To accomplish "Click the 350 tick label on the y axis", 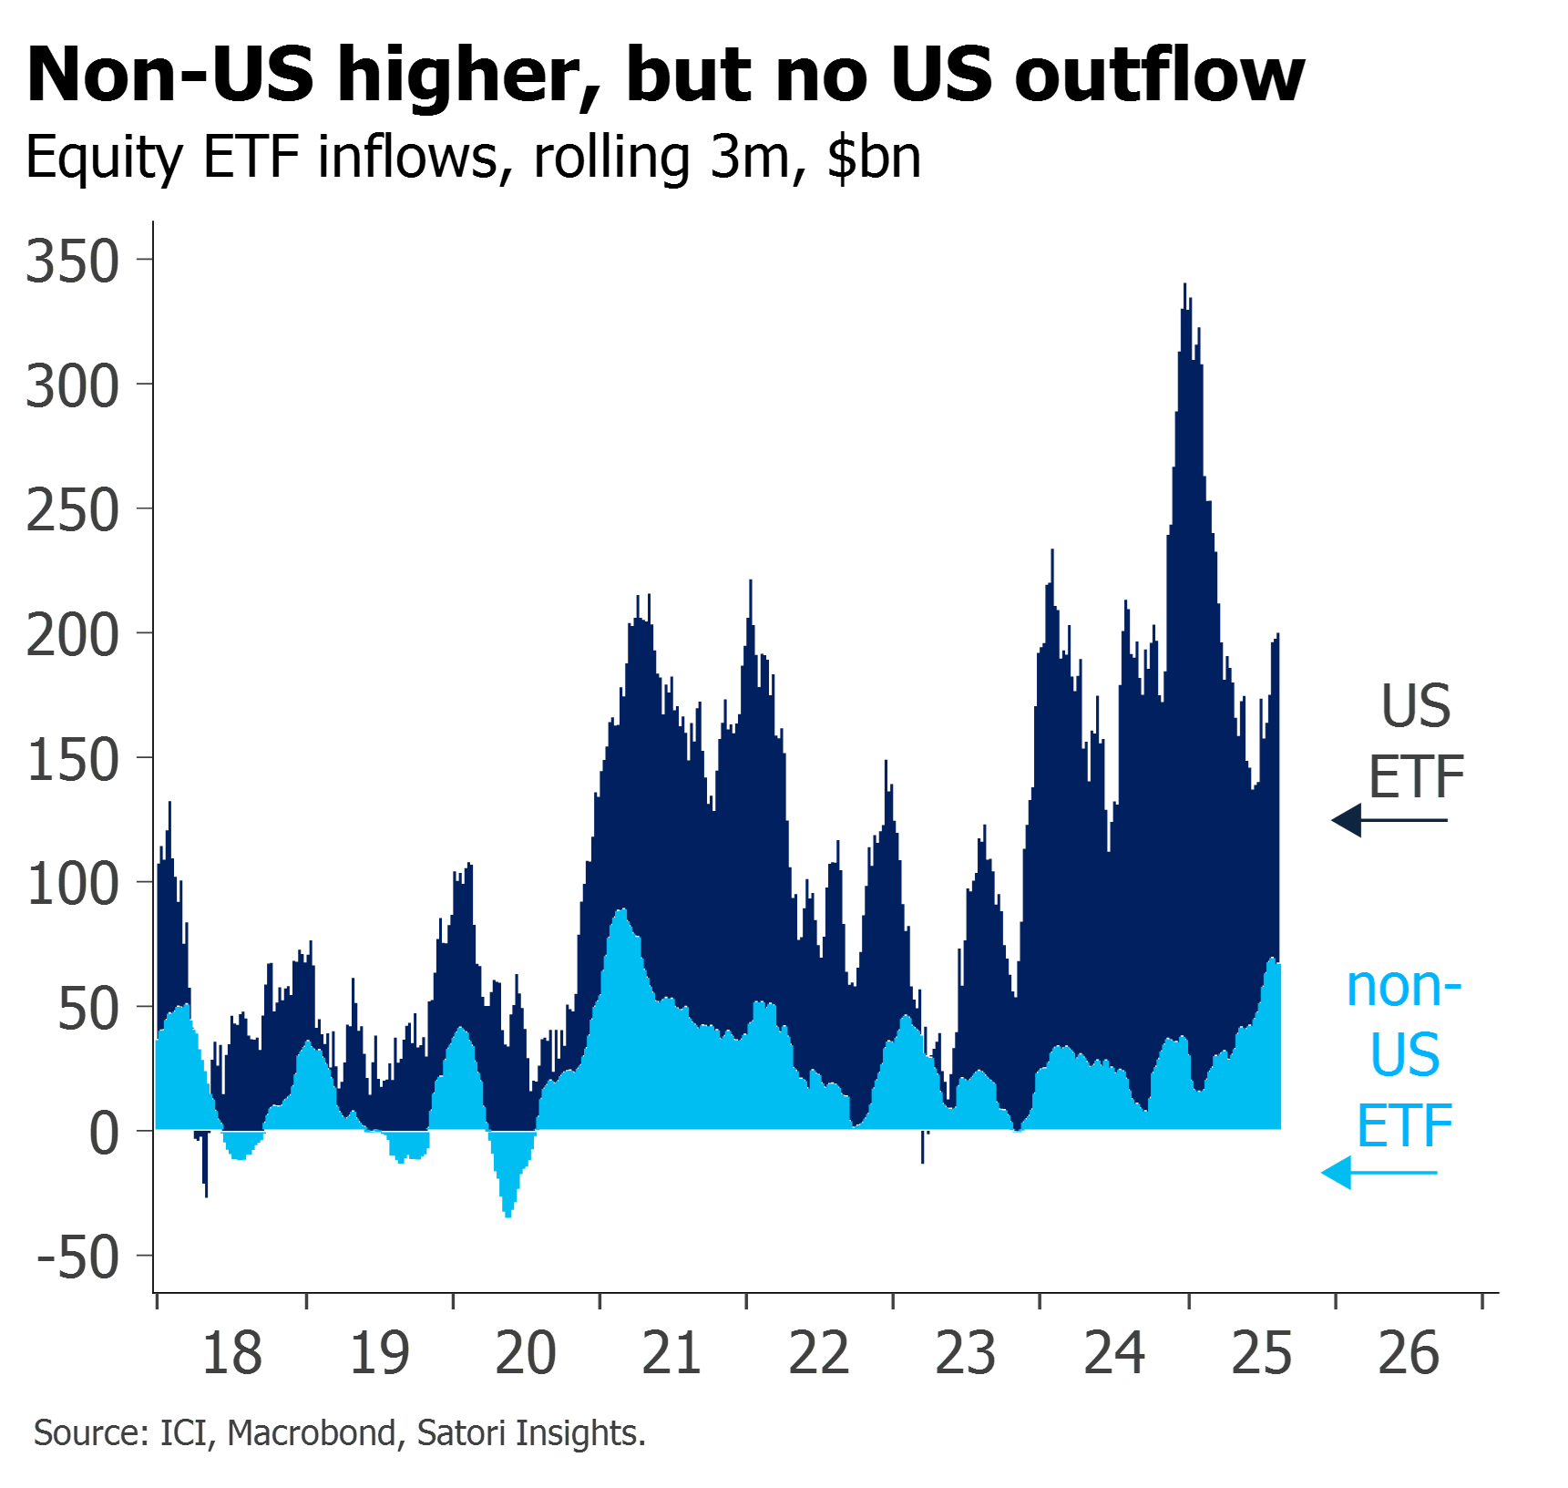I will (x=73, y=262).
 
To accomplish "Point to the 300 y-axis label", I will (x=73, y=387).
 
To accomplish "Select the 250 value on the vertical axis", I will (x=73, y=511).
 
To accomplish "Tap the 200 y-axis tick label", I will (x=73, y=636).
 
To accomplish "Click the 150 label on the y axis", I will (x=73, y=761).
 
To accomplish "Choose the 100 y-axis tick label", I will (x=73, y=885).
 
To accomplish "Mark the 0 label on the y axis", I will (x=104, y=1134).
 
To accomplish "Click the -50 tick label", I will (x=78, y=1258).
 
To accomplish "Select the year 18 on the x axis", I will (x=231, y=1353).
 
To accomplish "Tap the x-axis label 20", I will (x=525, y=1353).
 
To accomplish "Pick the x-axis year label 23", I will (x=966, y=1353).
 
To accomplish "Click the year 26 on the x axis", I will (x=1409, y=1353).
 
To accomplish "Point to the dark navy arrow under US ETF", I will (x=1389, y=820).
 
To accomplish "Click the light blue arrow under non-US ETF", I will (x=1378, y=1173).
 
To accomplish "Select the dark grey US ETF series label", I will (x=1417, y=740).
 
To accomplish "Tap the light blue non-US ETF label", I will (x=1405, y=1055).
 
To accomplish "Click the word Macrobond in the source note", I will (x=312, y=1433).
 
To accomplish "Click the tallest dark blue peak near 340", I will (x=1185, y=288).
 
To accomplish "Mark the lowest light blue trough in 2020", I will (x=508, y=1215).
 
